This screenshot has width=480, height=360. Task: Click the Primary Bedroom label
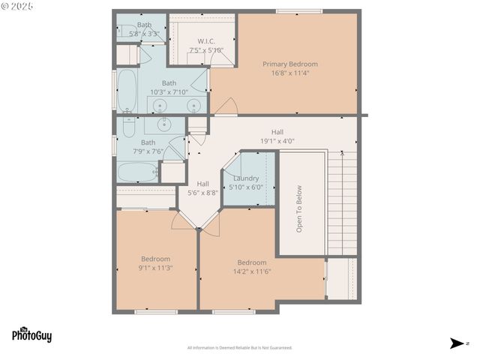point(289,64)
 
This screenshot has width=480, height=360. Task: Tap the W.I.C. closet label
point(207,40)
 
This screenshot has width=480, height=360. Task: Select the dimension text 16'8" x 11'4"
point(289,73)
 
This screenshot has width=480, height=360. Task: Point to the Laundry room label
point(246,178)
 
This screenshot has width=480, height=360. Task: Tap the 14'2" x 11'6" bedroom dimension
point(252,271)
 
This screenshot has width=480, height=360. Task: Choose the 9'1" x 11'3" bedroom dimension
point(155,268)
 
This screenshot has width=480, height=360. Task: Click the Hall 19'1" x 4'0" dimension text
point(277,140)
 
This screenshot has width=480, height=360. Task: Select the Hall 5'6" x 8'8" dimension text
point(203,193)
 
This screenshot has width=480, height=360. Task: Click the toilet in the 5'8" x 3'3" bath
point(124,31)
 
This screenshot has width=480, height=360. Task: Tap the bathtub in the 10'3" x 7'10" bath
point(127,89)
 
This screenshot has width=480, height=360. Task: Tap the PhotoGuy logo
point(31,335)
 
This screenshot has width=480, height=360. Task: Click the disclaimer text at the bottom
point(239,348)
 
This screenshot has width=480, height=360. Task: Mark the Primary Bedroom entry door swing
point(225,109)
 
